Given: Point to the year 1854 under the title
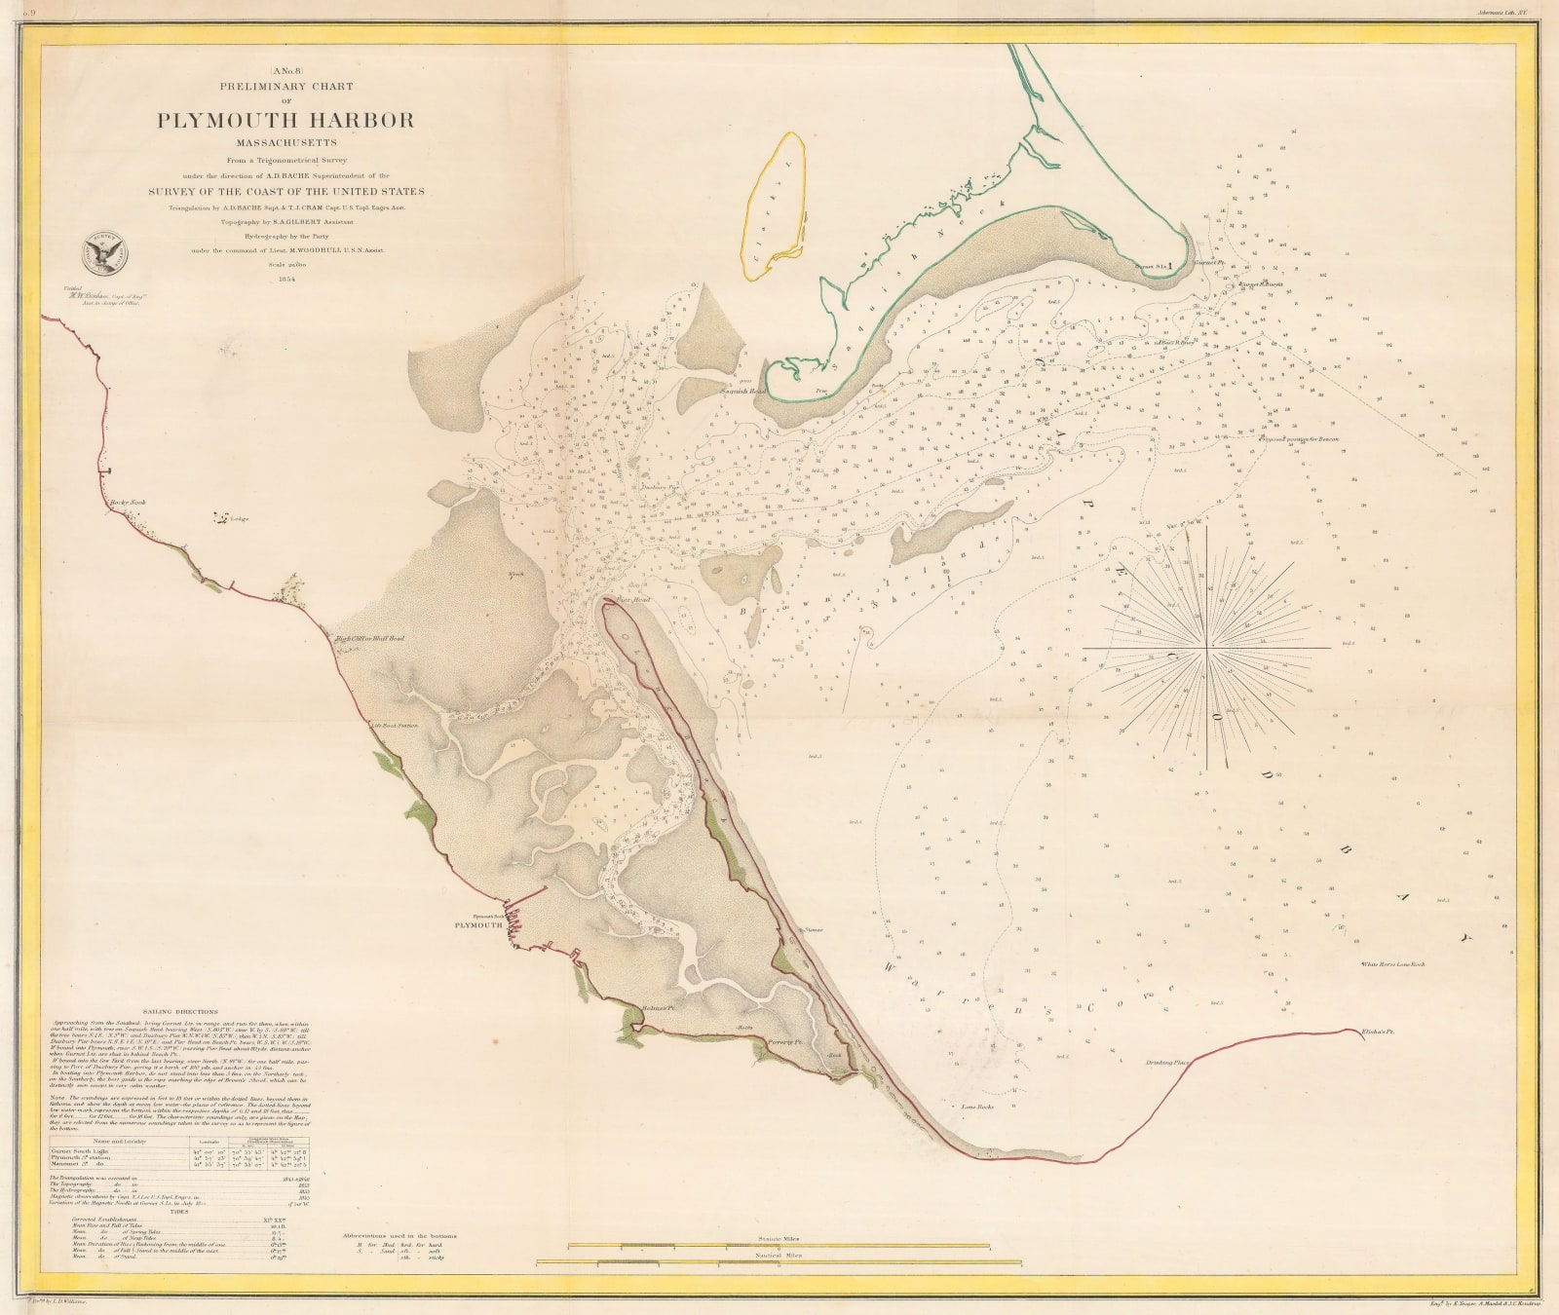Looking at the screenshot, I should [286, 278].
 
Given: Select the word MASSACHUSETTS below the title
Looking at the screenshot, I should [286, 143].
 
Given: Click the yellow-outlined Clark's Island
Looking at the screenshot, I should [777, 205].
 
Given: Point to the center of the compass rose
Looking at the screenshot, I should [1207, 647].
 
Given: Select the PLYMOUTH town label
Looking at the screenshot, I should [475, 925].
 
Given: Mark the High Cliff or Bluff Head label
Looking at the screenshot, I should [369, 640].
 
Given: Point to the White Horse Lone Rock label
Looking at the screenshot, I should [1392, 964].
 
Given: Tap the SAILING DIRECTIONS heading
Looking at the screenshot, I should [179, 1012].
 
